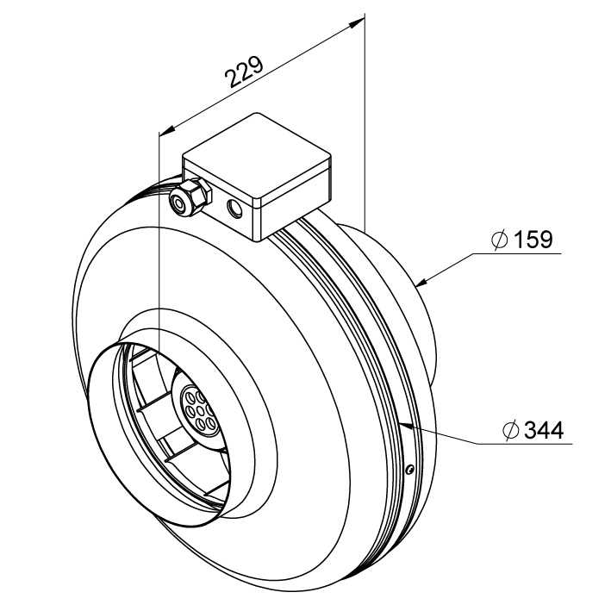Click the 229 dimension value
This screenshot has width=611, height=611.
coord(245,72)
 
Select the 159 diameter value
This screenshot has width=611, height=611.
coord(533,239)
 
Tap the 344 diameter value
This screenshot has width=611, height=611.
coord(544,430)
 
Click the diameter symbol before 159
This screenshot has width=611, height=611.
coord(499,240)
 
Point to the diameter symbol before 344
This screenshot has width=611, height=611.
coord(511,430)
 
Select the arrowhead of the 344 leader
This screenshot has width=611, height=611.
coord(406,425)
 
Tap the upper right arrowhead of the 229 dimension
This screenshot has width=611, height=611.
coord(356,23)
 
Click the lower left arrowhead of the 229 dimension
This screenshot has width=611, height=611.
coord(167,131)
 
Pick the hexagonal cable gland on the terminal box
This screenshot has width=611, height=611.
coord(190,197)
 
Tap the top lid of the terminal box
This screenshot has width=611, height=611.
coord(257,158)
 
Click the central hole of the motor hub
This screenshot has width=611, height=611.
coord(200,411)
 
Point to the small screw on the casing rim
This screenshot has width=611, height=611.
coord(408,470)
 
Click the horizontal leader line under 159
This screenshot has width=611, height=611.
coord(516,253)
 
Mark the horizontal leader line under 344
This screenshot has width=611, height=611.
coord(525,444)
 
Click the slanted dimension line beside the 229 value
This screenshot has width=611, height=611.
coord(262,78)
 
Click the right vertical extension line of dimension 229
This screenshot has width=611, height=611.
coord(365,122)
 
